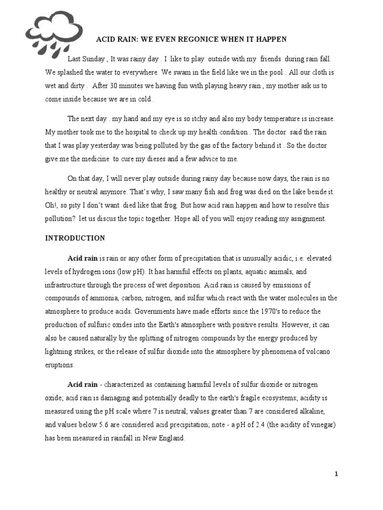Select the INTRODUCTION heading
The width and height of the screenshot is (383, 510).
[75, 238]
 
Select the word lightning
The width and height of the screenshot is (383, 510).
[60, 352]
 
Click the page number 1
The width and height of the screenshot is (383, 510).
[337, 474]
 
